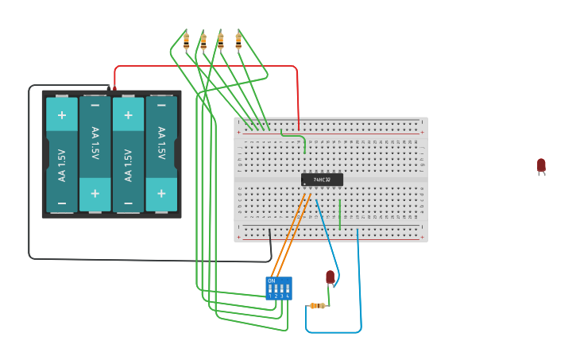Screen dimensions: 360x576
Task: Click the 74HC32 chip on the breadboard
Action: coord(322,180)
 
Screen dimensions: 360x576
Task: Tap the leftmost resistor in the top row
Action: coord(186,41)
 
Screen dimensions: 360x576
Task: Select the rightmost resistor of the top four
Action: coord(238,41)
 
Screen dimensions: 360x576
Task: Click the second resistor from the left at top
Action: coord(203,41)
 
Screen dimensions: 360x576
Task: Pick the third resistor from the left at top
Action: coord(221,41)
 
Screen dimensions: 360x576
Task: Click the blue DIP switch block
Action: coord(279,288)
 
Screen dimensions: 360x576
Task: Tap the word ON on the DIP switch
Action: coord(272,281)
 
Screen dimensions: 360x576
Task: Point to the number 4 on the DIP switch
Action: coord(287,296)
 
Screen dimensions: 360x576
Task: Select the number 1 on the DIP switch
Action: coord(270,296)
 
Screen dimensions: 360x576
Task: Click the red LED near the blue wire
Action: coord(331,277)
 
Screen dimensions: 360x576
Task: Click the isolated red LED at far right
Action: coord(541,165)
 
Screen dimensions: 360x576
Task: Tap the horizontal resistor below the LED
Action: coord(317,305)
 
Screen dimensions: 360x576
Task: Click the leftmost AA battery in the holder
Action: coord(62,154)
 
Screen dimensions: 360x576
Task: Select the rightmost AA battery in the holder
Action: coord(161,154)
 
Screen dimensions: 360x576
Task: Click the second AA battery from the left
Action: coord(95,154)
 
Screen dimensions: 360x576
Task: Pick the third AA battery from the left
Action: coord(128,154)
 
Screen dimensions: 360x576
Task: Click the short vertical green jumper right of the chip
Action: coord(340,214)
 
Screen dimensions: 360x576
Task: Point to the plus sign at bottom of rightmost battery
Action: coord(161,194)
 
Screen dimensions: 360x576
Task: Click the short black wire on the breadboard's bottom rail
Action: coord(270,237)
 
